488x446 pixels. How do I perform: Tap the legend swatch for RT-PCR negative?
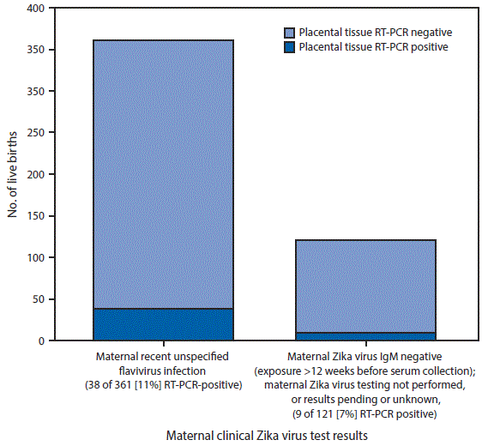(289, 32)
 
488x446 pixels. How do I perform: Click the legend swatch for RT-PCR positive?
(289, 46)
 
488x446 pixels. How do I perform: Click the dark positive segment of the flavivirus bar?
(163, 324)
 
